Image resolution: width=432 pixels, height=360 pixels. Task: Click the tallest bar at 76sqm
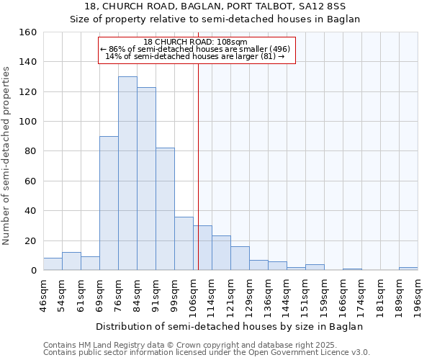coord(127,174)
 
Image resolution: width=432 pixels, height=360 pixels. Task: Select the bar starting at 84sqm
coord(146,179)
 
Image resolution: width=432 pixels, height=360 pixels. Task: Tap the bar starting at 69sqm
coord(109,203)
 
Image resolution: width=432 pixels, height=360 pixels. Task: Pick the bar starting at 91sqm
coord(165,209)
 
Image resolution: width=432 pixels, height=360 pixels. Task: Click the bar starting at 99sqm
coord(184,243)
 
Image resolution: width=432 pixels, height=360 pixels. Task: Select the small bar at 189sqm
coord(408,269)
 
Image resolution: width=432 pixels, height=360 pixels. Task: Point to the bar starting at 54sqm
coord(71,261)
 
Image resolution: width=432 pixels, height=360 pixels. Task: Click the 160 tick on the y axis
coord(28,32)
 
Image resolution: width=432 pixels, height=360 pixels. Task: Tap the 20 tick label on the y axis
coord(31,240)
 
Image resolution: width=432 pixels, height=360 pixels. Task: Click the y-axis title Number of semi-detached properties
coord(7,152)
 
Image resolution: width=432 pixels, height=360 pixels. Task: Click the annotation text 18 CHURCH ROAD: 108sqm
coord(195,42)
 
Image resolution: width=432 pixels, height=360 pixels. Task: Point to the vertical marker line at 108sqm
coord(198,166)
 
